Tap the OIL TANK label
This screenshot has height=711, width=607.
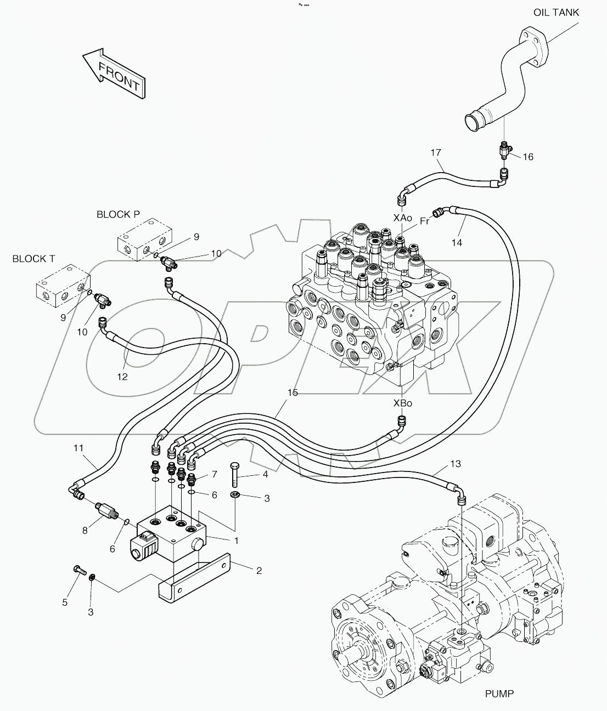pyautogui.click(x=555, y=12)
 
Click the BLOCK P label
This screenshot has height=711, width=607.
pyautogui.click(x=118, y=214)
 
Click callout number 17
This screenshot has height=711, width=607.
pyautogui.click(x=436, y=152)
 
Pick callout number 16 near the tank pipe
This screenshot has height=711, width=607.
pyautogui.click(x=527, y=157)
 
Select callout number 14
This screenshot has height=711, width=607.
pyautogui.click(x=457, y=242)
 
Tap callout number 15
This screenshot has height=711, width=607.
pyautogui.click(x=293, y=393)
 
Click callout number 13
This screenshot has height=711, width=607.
pyautogui.click(x=455, y=464)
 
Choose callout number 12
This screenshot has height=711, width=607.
pyautogui.click(x=122, y=377)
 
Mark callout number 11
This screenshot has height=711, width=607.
pyautogui.click(x=79, y=448)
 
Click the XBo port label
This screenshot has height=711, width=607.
pyautogui.click(x=402, y=403)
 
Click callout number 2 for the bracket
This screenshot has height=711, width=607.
pyautogui.click(x=258, y=570)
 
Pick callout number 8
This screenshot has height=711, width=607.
pyautogui.click(x=85, y=530)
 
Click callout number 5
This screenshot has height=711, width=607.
pyautogui.click(x=65, y=602)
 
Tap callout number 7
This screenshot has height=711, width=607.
pyautogui.click(x=215, y=474)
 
